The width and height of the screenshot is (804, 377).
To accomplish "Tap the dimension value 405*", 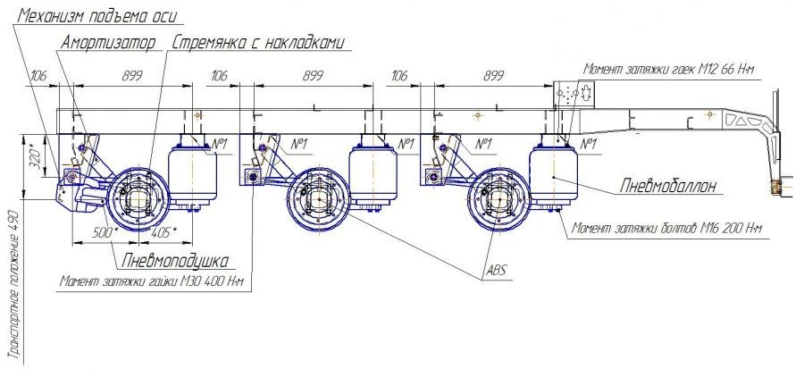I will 163,232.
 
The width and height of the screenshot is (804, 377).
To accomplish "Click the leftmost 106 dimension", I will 37,77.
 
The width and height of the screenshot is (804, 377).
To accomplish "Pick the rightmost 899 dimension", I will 492,77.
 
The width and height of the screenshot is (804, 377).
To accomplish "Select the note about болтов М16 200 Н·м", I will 668,230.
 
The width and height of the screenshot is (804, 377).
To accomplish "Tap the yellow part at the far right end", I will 775,187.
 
